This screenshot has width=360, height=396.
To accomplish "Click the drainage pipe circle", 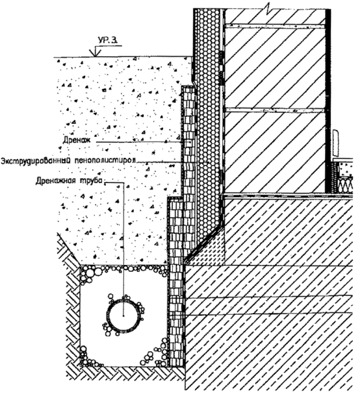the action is pos(109,316).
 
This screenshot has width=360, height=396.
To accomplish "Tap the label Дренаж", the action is pos(76,140).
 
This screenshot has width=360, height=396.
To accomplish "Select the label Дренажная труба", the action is pos(70,181).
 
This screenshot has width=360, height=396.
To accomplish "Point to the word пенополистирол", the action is pos(105,160).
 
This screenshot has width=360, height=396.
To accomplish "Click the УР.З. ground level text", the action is pos(107,41).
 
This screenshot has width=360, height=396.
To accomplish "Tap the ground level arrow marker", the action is pos(95,51).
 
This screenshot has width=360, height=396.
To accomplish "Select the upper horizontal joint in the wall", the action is pos(275,25).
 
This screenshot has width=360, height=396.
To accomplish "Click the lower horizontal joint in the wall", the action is pos(275,110).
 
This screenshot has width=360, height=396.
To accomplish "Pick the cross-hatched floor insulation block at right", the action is pos(346,183).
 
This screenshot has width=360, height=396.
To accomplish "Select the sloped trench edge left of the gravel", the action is pos(69,249).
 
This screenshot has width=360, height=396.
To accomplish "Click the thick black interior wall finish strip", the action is pos(328,101).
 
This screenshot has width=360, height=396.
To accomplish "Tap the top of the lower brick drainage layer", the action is pos(175,199).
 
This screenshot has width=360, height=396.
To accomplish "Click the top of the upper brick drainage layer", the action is pos(188,87).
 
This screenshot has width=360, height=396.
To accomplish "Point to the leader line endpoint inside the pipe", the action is pos(123,316).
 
